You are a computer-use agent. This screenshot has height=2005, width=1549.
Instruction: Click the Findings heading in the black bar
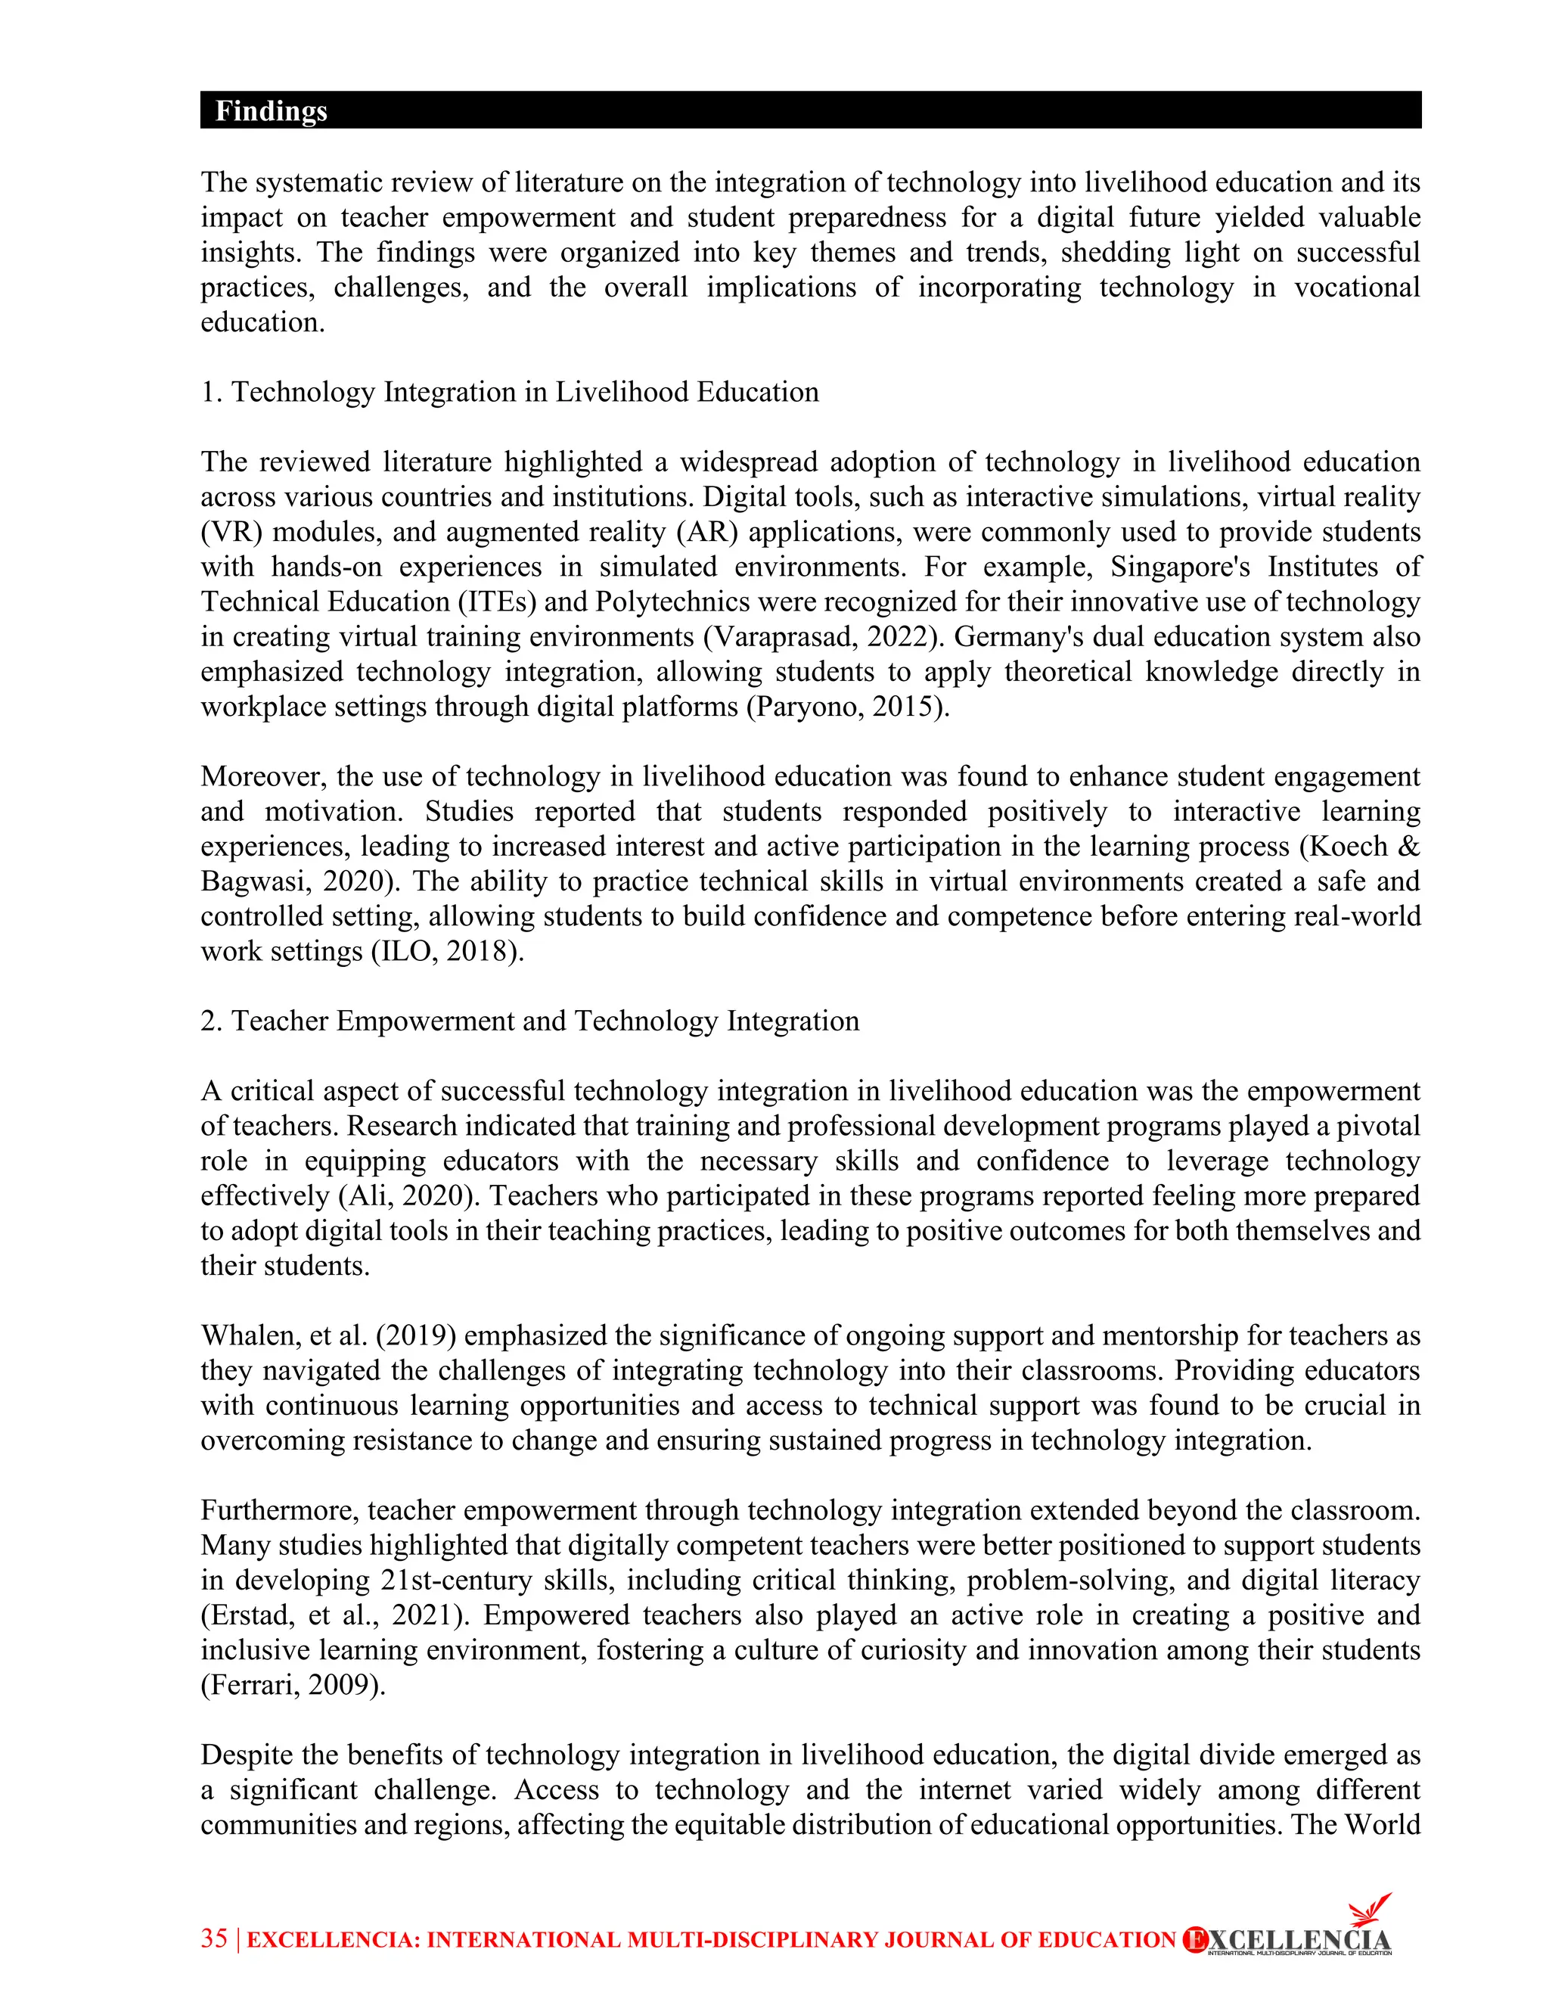271,111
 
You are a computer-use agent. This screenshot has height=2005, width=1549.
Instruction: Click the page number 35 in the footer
214,1938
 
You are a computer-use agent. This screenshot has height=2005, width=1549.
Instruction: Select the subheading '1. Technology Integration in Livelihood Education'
509,392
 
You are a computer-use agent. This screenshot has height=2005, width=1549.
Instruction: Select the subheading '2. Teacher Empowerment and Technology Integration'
529,1021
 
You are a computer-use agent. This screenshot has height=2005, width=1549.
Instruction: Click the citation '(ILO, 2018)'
447,951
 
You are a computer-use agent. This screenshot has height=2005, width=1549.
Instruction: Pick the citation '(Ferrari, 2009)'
293,1685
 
